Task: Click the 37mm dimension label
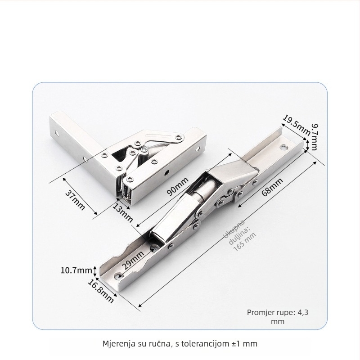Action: point(75,200)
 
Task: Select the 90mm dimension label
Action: point(177,186)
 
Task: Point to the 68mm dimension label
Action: point(272,187)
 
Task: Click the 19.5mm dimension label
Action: point(296,126)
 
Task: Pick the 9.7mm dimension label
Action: point(315,137)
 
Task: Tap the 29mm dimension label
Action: point(133,260)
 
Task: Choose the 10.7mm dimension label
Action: point(76,270)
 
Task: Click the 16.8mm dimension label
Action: point(100,291)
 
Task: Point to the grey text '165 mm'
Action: point(244,242)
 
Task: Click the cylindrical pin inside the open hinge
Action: point(204,189)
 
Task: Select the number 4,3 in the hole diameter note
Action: point(303,312)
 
